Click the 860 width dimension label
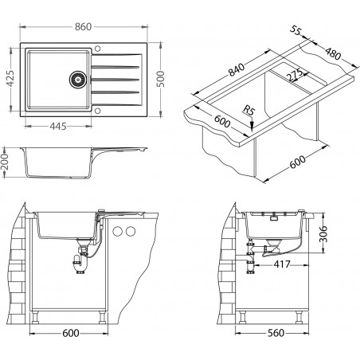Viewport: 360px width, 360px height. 83,27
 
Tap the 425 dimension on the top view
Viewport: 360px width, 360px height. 10,78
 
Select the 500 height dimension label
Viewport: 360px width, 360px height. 160,79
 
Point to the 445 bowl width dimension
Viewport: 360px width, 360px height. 58,127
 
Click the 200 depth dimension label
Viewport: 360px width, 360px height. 6,162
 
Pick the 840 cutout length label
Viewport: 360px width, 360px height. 237,69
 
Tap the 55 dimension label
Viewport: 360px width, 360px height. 295,30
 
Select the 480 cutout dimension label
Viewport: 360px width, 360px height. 333,53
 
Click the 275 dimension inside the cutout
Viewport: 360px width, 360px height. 295,75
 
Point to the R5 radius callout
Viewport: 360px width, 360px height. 248,110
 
